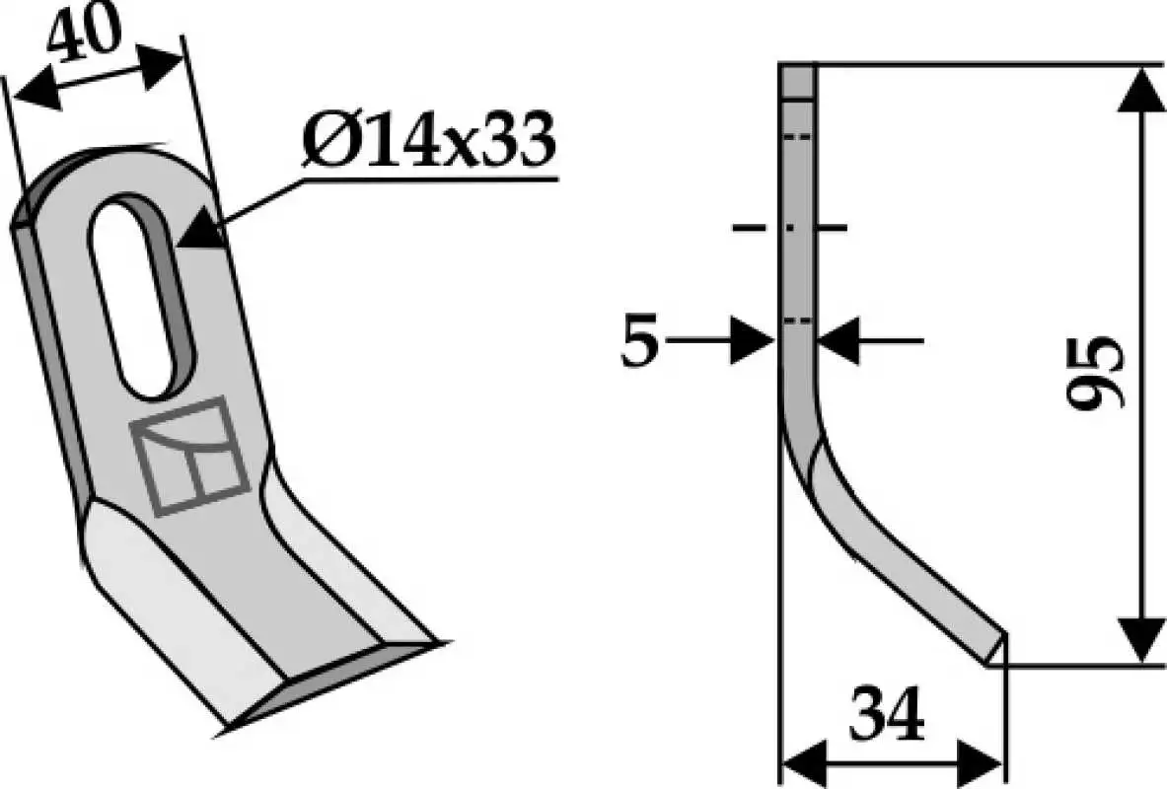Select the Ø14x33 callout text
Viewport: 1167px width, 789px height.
429,140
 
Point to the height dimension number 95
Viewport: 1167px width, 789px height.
1093,372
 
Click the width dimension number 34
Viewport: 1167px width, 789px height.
888,715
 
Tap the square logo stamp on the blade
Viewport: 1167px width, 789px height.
189,457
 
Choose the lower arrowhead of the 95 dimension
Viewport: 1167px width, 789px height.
1140,639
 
